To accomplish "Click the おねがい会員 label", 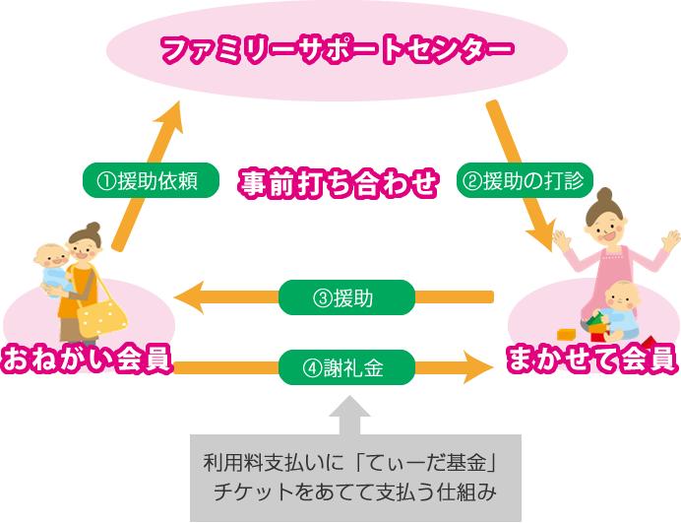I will click(88, 359).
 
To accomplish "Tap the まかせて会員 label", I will click(591, 359).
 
